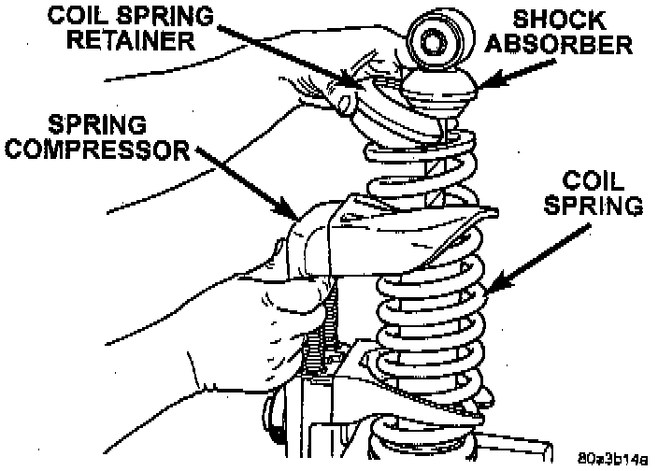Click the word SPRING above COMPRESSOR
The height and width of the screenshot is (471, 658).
click(x=103, y=123)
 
